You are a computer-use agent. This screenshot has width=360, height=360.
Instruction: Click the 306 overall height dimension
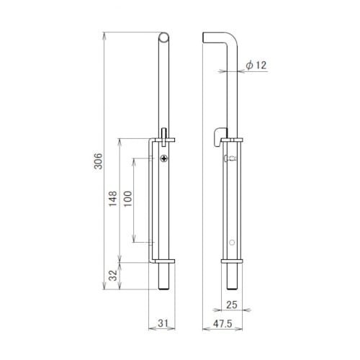[98, 161]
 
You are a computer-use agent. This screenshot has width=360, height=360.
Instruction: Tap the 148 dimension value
[113, 199]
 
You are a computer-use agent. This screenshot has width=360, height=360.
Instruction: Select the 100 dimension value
[127, 199]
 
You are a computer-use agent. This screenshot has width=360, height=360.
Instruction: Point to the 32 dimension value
[113, 276]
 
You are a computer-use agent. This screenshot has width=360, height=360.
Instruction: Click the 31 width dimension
[163, 323]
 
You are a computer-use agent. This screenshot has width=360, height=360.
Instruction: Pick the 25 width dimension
[232, 305]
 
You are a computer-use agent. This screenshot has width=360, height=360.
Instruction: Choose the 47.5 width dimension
[222, 323]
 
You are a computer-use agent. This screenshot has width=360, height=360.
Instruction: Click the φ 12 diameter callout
[256, 65]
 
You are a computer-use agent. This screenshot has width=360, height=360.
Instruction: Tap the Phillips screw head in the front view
[164, 158]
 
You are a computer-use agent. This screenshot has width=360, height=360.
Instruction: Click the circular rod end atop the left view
[164, 37]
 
